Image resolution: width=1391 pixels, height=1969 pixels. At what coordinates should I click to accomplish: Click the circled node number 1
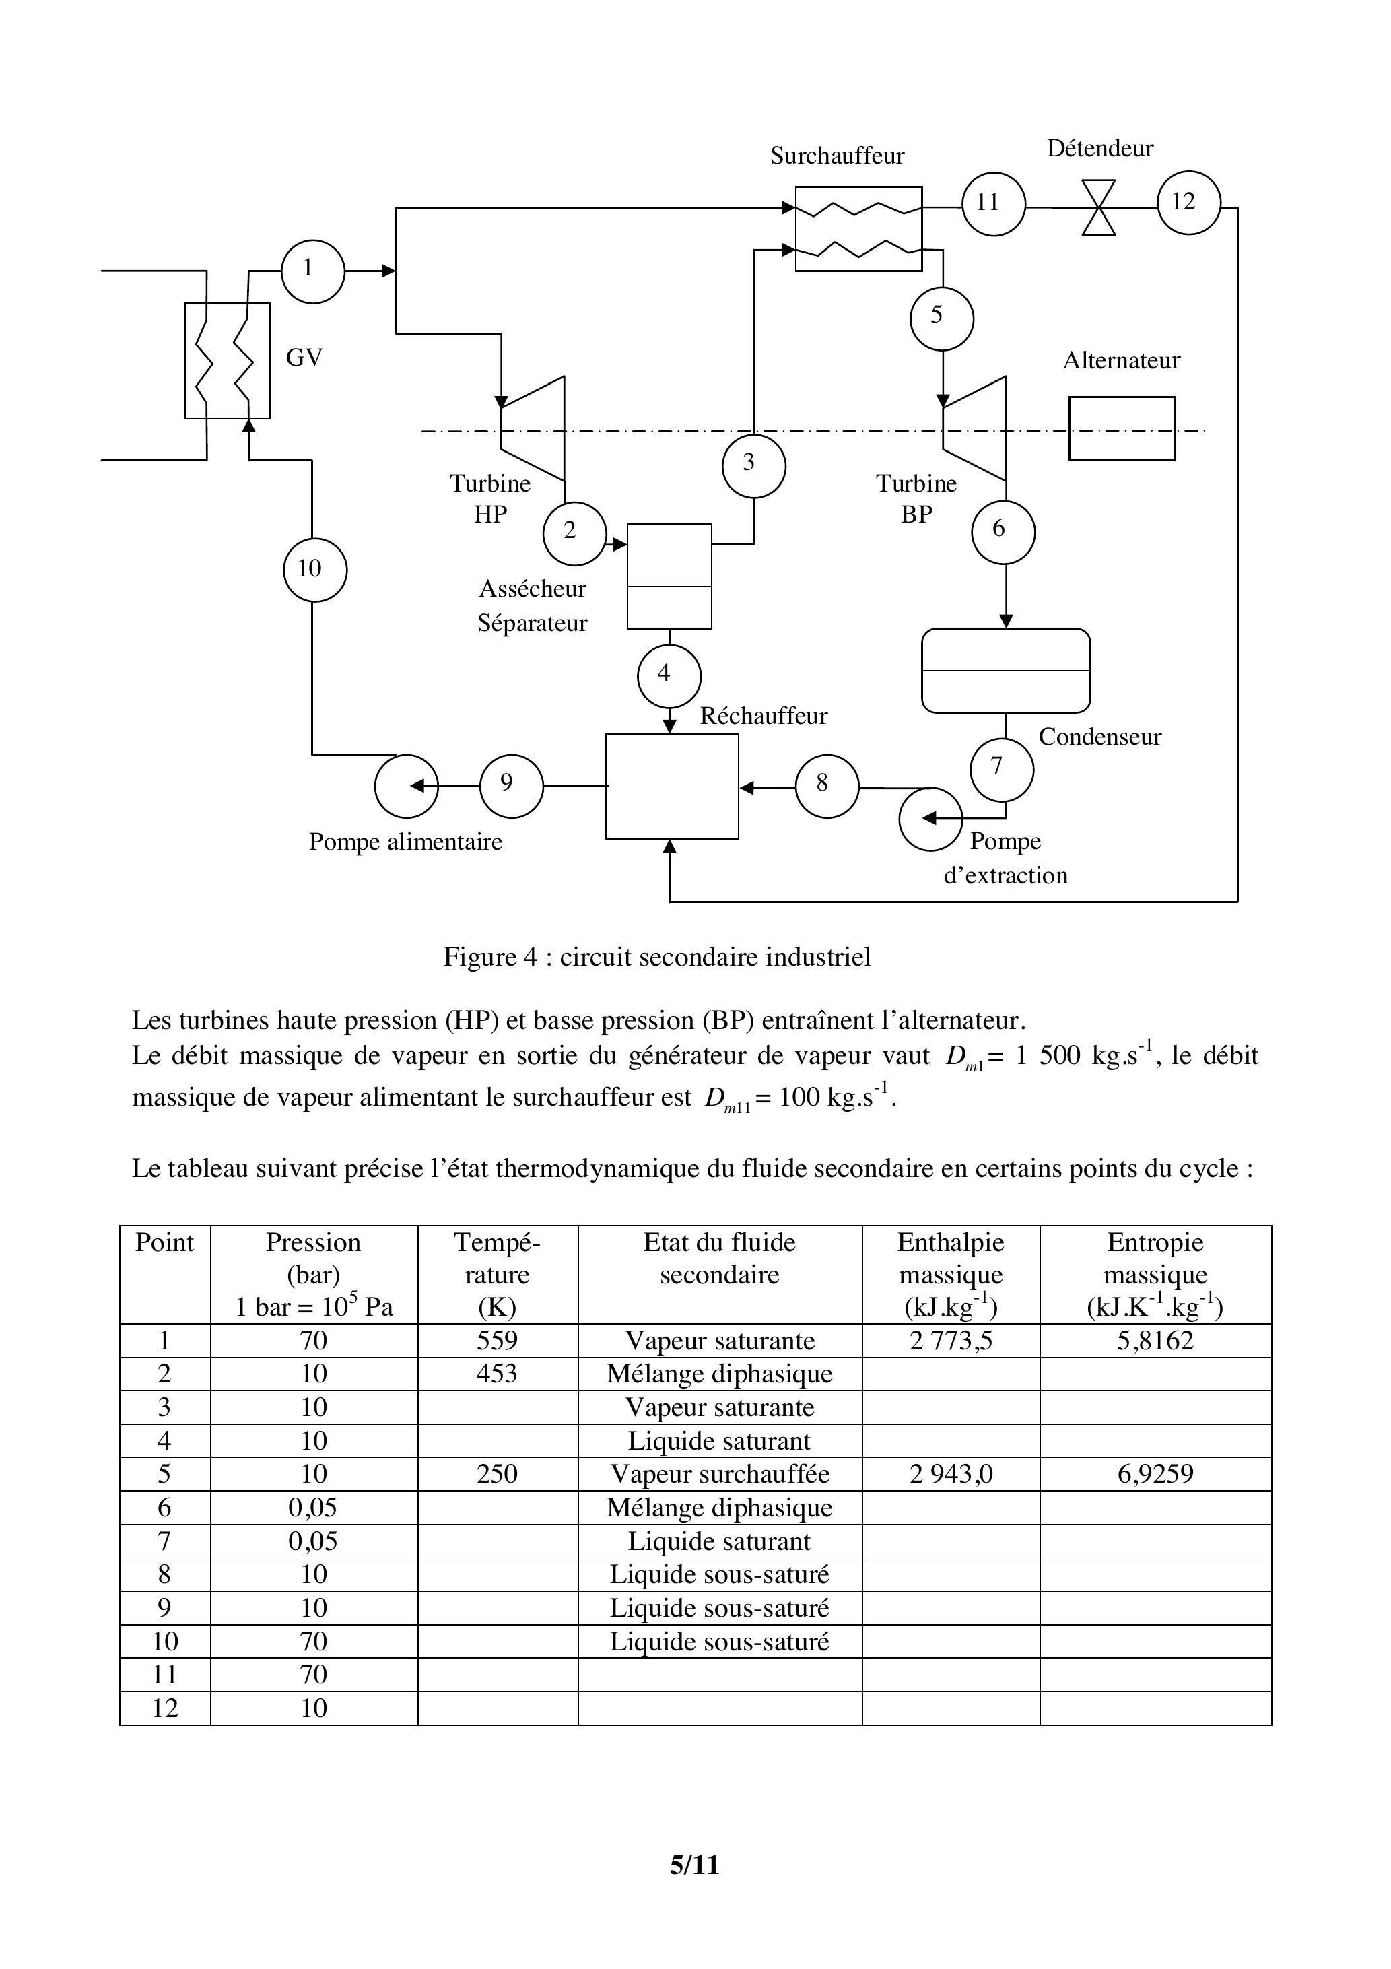312,271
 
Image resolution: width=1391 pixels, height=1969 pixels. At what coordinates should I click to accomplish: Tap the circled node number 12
1188,203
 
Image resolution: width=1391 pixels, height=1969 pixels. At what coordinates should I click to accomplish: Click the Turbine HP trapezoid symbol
533,429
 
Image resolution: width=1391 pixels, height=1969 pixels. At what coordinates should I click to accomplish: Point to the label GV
304,358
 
